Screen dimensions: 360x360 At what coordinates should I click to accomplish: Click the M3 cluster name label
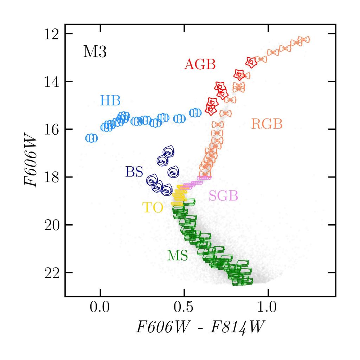pos(95,52)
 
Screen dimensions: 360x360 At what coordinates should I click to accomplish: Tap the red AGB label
pos(200,64)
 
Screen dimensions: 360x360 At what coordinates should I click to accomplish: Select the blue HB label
pos(110,101)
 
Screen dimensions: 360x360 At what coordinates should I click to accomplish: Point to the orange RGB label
pos(267,124)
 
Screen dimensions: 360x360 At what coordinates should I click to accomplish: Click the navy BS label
pos(134,172)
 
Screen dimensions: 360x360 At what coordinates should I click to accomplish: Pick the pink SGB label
pos(223,195)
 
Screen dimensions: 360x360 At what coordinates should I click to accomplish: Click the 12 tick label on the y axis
pos(52,34)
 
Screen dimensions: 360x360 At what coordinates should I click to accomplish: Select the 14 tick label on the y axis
pos(52,82)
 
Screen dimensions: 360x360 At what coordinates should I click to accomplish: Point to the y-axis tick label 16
pos(52,129)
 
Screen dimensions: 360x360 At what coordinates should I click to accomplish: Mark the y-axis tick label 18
pos(52,177)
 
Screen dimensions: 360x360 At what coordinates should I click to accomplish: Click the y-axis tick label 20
pos(52,225)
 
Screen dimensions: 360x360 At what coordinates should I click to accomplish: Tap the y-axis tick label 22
pos(52,273)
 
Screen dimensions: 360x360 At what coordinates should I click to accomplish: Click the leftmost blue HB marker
pos(91,138)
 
